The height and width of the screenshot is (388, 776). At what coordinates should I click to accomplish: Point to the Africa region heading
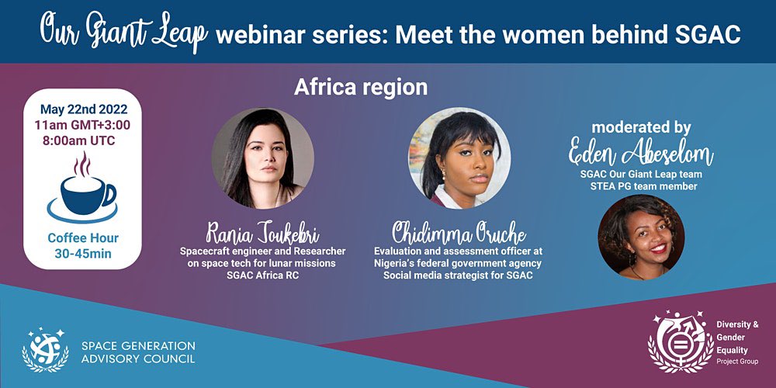point(360,88)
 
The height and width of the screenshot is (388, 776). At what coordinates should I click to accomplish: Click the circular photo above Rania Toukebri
point(262,158)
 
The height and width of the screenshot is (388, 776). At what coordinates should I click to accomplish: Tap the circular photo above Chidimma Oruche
point(459,158)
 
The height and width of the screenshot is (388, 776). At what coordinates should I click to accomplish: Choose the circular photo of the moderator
point(641,236)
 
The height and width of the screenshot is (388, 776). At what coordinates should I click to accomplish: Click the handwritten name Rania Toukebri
point(262,232)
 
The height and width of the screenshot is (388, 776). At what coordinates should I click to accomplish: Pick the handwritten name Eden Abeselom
point(641,154)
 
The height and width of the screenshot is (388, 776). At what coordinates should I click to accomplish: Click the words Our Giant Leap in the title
point(123,32)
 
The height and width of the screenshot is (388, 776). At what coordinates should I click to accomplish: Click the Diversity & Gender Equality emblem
point(681,341)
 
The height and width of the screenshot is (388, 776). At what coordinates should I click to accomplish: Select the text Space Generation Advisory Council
point(138,352)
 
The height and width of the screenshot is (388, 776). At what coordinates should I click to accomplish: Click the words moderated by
point(641,127)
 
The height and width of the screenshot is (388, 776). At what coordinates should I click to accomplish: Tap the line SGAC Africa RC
point(262,275)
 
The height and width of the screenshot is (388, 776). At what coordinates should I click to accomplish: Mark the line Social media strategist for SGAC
point(458,275)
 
